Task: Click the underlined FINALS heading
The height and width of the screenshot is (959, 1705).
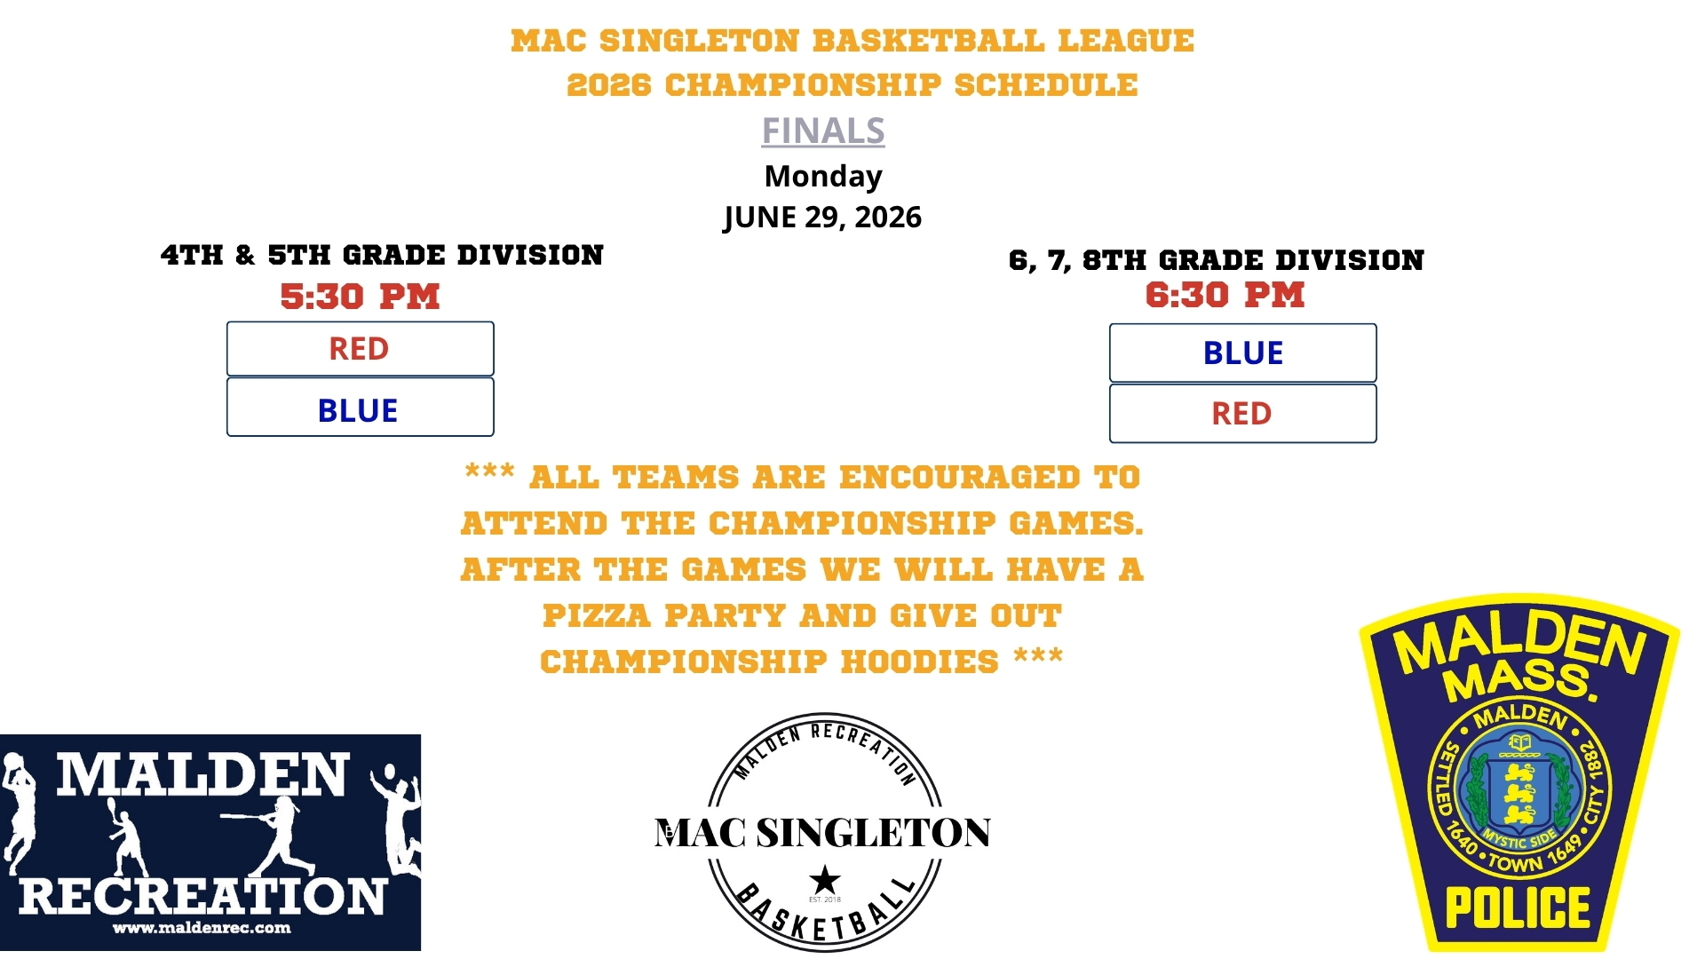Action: [x=823, y=131]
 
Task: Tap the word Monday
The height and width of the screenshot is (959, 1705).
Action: [x=823, y=176]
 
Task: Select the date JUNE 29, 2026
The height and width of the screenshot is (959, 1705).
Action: [x=823, y=218]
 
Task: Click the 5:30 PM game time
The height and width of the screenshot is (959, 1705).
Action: [x=360, y=297]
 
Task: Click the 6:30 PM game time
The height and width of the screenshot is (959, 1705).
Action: [x=1225, y=295]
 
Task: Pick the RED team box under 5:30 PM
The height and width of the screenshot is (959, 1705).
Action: [x=360, y=348]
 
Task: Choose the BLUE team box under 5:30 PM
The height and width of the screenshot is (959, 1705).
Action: [x=360, y=408]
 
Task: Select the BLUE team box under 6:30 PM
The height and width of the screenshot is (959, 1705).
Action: [x=1242, y=353]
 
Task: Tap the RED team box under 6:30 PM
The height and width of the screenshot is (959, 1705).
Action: [x=1242, y=413]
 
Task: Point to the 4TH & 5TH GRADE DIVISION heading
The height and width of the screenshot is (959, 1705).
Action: [x=382, y=256]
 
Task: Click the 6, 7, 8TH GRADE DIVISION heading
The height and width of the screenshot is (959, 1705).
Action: [x=1217, y=260]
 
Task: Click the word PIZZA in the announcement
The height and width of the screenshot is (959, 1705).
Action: [x=598, y=615]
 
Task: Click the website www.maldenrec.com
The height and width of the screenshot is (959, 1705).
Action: [x=202, y=928]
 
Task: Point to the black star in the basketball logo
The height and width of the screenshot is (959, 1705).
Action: [x=825, y=880]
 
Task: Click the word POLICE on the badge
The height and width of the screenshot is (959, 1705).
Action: [x=1518, y=907]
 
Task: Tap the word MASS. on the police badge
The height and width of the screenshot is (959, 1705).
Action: [x=1520, y=681]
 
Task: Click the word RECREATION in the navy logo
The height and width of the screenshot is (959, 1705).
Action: [x=202, y=896]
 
